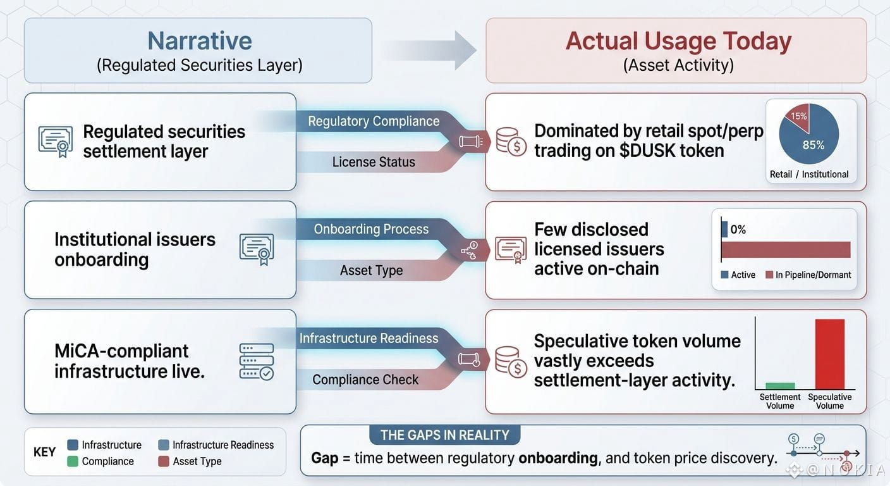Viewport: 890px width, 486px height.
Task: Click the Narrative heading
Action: (200, 40)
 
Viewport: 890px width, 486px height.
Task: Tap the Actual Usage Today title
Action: (678, 41)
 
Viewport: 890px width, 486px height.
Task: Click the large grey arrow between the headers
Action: (430, 51)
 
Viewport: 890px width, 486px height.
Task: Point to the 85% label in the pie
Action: (814, 145)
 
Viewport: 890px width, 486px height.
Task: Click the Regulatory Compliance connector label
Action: (374, 121)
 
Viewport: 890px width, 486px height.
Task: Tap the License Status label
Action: (374, 162)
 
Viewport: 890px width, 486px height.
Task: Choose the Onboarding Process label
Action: (371, 229)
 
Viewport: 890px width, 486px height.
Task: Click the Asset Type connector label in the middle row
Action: (371, 270)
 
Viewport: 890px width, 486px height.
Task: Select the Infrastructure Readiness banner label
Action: (369, 338)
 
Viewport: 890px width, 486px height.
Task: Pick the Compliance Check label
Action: (365, 380)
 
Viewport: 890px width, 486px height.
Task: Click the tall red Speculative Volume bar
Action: (829, 354)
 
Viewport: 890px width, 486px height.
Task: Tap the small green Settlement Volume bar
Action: (780, 386)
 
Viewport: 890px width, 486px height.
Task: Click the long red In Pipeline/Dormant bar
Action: (786, 250)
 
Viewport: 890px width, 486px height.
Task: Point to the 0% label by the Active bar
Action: (738, 230)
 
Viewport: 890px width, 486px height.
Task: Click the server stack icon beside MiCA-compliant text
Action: (257, 361)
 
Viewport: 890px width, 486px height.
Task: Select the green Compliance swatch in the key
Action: (72, 461)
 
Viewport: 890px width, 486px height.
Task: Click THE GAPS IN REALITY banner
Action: (444, 435)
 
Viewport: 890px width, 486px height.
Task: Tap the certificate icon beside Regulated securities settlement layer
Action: (56, 142)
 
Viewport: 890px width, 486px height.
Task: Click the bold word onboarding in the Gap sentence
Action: (558, 458)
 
